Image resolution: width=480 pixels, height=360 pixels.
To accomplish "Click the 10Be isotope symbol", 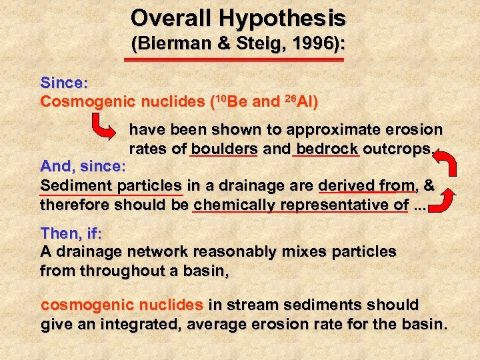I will coord(230,102).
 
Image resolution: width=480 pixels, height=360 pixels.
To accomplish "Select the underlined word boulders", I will coord(223,149).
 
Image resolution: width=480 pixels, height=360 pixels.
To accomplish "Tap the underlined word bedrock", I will coord(327,149).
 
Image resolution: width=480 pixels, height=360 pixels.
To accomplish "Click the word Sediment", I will coord(70,185).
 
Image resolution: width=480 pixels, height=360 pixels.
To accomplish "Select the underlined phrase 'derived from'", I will coord(367,185).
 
